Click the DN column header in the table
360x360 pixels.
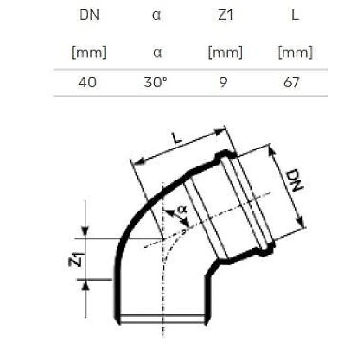(89, 15)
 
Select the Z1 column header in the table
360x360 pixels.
(225, 15)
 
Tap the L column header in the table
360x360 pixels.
(295, 15)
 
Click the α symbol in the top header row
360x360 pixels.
(157, 15)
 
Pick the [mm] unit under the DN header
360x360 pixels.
(89, 53)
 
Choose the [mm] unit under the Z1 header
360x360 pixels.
(225, 53)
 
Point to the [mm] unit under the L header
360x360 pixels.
(295, 53)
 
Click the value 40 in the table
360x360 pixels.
(87, 82)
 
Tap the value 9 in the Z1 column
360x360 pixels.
(223, 82)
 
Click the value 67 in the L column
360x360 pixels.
(292, 82)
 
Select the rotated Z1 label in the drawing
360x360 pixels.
(76, 260)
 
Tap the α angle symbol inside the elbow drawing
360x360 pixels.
(181, 209)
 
